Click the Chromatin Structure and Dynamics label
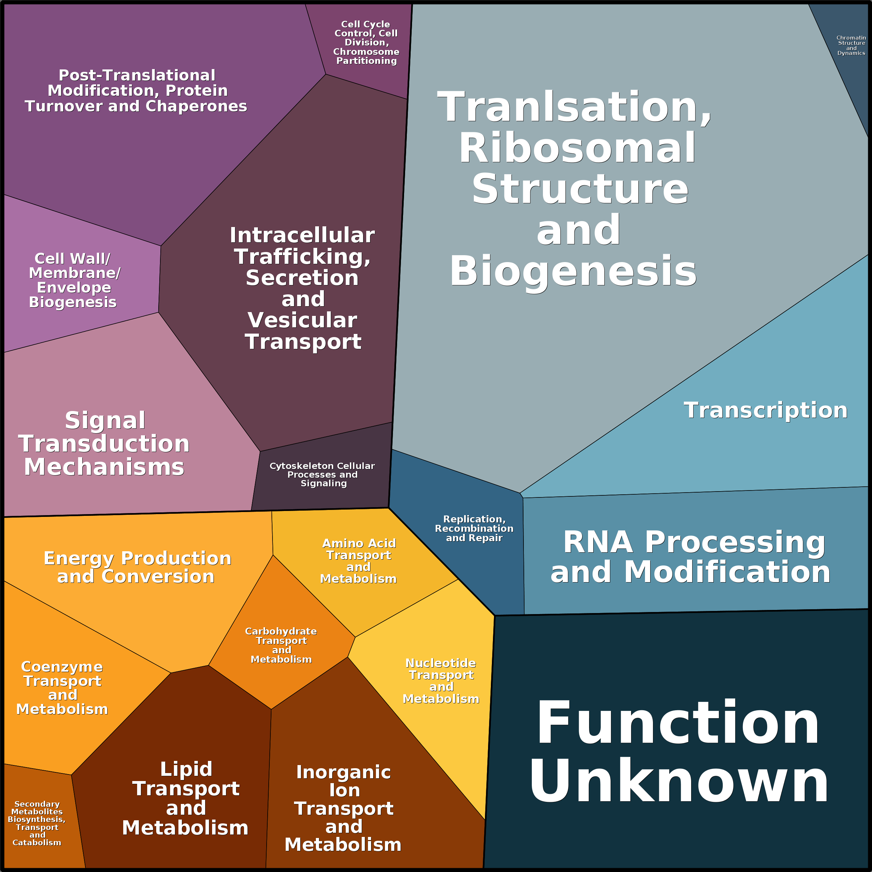pyautogui.click(x=851, y=45)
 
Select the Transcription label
pyautogui.click(x=765, y=410)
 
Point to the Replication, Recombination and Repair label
pyautogui.click(x=474, y=529)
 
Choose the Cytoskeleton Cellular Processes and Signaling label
pyautogui.click(x=322, y=475)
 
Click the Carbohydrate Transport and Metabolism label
pyautogui.click(x=281, y=645)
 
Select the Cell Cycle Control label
pyautogui.click(x=366, y=42)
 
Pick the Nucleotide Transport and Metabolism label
pyautogui.click(x=441, y=681)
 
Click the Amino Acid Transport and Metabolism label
pyautogui.click(x=359, y=561)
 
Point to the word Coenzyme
pyautogui.click(x=62, y=666)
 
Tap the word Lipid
pyautogui.click(x=186, y=769)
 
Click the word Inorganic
pyautogui.click(x=343, y=772)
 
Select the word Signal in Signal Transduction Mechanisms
pyautogui.click(x=105, y=421)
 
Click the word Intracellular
pyautogui.click(x=302, y=235)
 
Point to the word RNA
pyautogui.click(x=597, y=542)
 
